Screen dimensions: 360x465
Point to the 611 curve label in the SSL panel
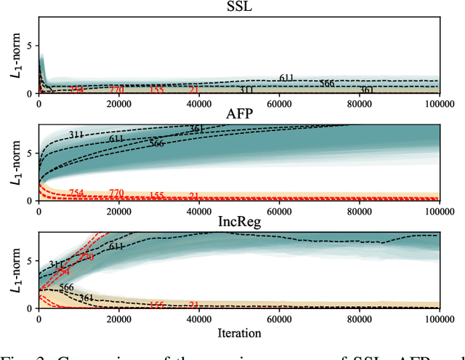(x=286, y=78)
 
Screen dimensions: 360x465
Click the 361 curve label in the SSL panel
(x=366, y=90)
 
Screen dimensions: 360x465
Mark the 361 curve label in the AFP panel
(x=196, y=129)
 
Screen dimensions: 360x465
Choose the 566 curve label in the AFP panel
(x=156, y=143)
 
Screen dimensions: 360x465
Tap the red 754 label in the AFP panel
(x=76, y=193)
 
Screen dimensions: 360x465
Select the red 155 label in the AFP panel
(x=156, y=196)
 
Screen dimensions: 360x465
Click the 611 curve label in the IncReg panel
(x=116, y=247)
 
